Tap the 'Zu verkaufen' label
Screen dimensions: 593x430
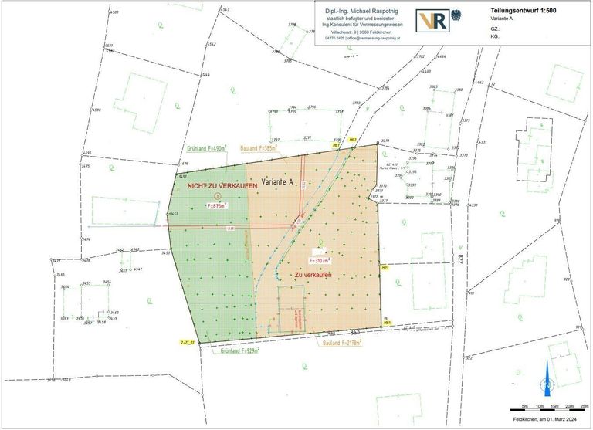point(313,275)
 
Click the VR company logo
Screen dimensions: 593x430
point(432,22)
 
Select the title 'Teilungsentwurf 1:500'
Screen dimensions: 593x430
point(524,11)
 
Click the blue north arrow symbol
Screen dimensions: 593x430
point(547,378)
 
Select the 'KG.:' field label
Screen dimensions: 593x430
point(495,36)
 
